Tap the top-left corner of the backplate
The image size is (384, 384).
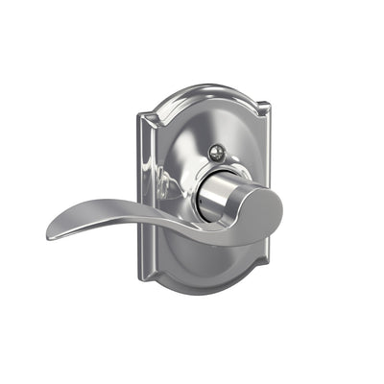click(x=141, y=116)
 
